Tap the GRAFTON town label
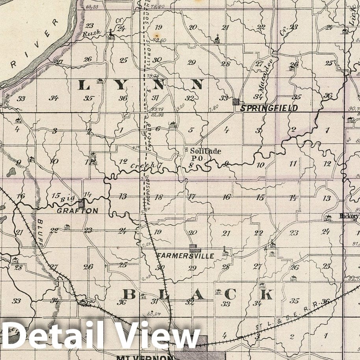pos(78,211)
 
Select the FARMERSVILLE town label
pos(186,256)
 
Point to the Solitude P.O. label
pos(205,154)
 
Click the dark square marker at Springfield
pos(236,102)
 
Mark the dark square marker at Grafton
pos(82,203)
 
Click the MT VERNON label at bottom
pos(145,358)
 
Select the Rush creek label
pos(91,33)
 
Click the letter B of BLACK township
pos(129,294)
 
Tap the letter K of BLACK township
pos(267,294)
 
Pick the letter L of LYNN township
pos(84,84)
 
